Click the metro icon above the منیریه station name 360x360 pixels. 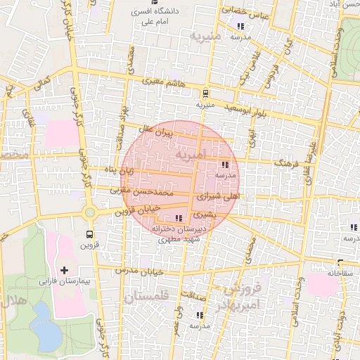point(205,92)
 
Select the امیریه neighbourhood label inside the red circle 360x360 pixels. point(191,153)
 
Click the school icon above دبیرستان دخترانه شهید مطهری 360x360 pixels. point(179,218)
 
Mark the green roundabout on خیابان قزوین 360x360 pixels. point(90,212)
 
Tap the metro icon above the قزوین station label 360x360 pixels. point(90,234)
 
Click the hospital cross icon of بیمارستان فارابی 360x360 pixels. point(65,269)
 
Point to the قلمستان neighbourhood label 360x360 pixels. point(147,299)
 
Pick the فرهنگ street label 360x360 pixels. point(288,163)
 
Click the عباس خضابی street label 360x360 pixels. point(245,11)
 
